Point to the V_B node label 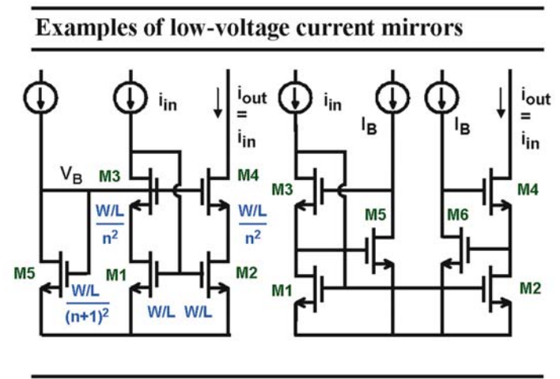pyautogui.click(x=71, y=174)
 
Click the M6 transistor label pyautogui.click(x=458, y=215)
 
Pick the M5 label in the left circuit pyautogui.click(x=25, y=273)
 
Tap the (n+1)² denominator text pyautogui.click(x=87, y=315)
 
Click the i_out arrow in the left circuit pyautogui.click(x=218, y=103)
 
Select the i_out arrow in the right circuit pyautogui.click(x=501, y=103)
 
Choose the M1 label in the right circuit pyautogui.click(x=282, y=291)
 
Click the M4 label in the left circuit pyautogui.click(x=248, y=175)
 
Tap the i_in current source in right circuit pyautogui.click(x=295, y=97)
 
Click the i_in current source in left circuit pyautogui.click(x=131, y=97)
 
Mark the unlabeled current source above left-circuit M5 pyautogui.click(x=40, y=97)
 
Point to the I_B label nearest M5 pyautogui.click(x=369, y=126)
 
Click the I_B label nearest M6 pyautogui.click(x=462, y=126)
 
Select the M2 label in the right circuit pyautogui.click(x=531, y=288)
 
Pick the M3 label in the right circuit pyautogui.click(x=282, y=189)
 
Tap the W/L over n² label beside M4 pyautogui.click(x=253, y=224)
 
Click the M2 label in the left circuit pyautogui.click(x=247, y=272)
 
